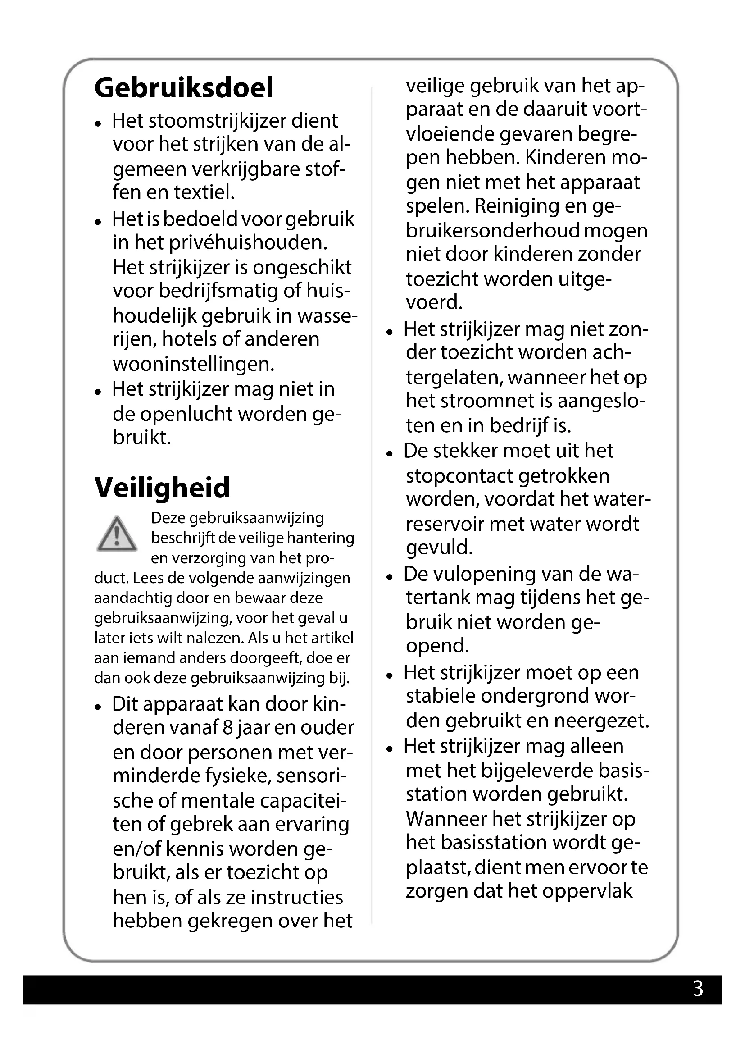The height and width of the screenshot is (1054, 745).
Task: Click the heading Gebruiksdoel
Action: click(x=183, y=88)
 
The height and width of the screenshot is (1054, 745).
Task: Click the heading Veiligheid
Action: click(x=162, y=488)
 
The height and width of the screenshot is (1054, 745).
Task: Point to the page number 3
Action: click(x=698, y=988)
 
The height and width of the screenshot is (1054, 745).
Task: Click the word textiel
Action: click(x=208, y=192)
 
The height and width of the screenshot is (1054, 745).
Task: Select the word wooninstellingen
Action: click(x=194, y=364)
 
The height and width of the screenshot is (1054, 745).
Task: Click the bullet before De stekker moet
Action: click(x=390, y=454)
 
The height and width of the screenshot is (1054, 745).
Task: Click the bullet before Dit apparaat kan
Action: click(x=98, y=707)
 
